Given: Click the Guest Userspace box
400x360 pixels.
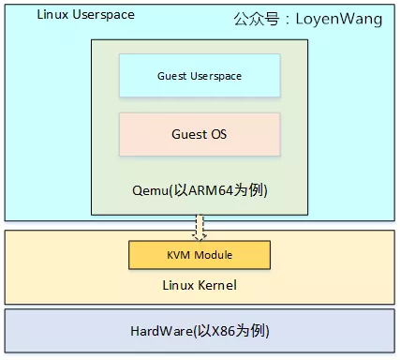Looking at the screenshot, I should point(200,75).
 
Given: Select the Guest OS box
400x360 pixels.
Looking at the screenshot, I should point(200,134).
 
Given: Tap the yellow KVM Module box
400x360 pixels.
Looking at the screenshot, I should point(200,255).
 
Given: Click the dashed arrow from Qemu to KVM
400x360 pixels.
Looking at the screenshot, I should point(200,228).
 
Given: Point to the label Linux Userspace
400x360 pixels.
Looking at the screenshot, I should point(85,15).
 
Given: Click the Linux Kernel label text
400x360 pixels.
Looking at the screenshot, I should point(200,284).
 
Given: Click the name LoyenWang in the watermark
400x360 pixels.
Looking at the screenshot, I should point(339,19).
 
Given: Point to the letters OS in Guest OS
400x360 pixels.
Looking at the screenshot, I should point(216,134).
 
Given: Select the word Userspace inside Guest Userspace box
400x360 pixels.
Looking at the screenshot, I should point(214,75).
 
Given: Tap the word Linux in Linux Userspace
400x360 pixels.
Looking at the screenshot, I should point(52,15).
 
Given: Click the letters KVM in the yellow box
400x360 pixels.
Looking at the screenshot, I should point(179,255).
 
